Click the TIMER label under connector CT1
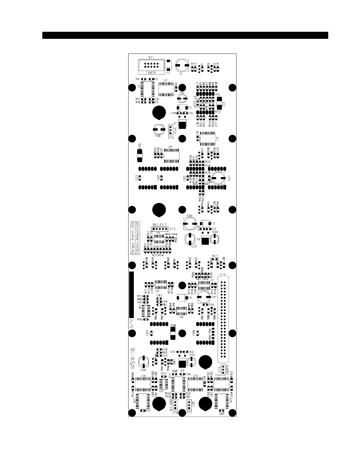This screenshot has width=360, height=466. click(151, 72)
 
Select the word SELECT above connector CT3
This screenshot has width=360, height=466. click(160, 225)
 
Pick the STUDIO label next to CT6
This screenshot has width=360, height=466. click(171, 405)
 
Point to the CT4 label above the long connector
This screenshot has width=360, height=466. click(222, 274)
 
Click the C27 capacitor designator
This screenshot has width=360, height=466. click(229, 178)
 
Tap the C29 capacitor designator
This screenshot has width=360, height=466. click(189, 216)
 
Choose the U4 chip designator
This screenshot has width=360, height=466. click(170, 147)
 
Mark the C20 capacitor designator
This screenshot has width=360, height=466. click(139, 146)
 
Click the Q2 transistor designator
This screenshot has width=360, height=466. click(199, 239)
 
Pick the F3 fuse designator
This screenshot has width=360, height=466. click(213, 224)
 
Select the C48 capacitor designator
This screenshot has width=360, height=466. click(173, 325)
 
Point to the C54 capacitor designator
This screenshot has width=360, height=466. click(143, 370)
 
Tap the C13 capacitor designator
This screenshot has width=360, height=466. click(224, 104)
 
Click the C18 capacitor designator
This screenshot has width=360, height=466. click(158, 136)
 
